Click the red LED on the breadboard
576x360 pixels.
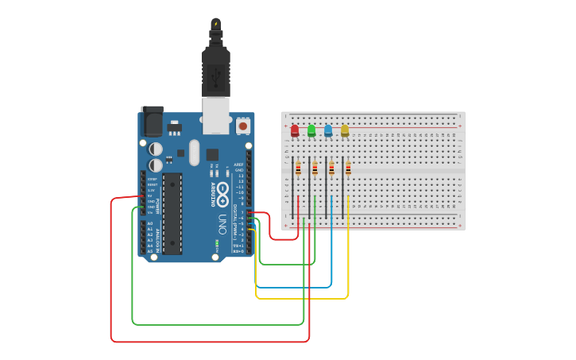(x=295, y=130)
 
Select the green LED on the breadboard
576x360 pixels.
(x=311, y=130)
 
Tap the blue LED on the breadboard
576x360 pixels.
(x=328, y=130)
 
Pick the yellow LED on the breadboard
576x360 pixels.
(x=345, y=130)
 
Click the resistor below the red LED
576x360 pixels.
(x=298, y=168)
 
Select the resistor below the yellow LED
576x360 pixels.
(x=348, y=168)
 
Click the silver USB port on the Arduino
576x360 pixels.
(x=215, y=116)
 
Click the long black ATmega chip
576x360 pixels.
(x=173, y=215)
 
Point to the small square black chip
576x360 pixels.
(x=212, y=154)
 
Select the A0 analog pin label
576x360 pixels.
(x=150, y=225)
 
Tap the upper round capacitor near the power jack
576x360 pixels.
(x=157, y=149)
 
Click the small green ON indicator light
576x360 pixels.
(x=217, y=243)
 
